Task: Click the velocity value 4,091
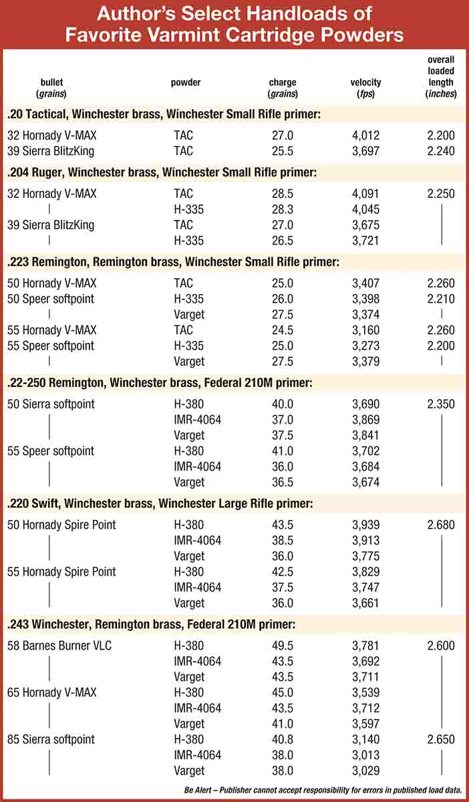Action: (365, 194)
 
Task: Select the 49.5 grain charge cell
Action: (283, 646)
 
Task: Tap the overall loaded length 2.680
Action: (441, 525)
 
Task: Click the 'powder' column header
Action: (186, 83)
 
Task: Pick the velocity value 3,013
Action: (365, 755)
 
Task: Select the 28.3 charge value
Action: (283, 209)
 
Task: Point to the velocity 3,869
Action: (365, 420)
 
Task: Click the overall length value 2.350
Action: (441, 404)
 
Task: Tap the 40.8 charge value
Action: (283, 739)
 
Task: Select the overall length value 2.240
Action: (441, 151)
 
